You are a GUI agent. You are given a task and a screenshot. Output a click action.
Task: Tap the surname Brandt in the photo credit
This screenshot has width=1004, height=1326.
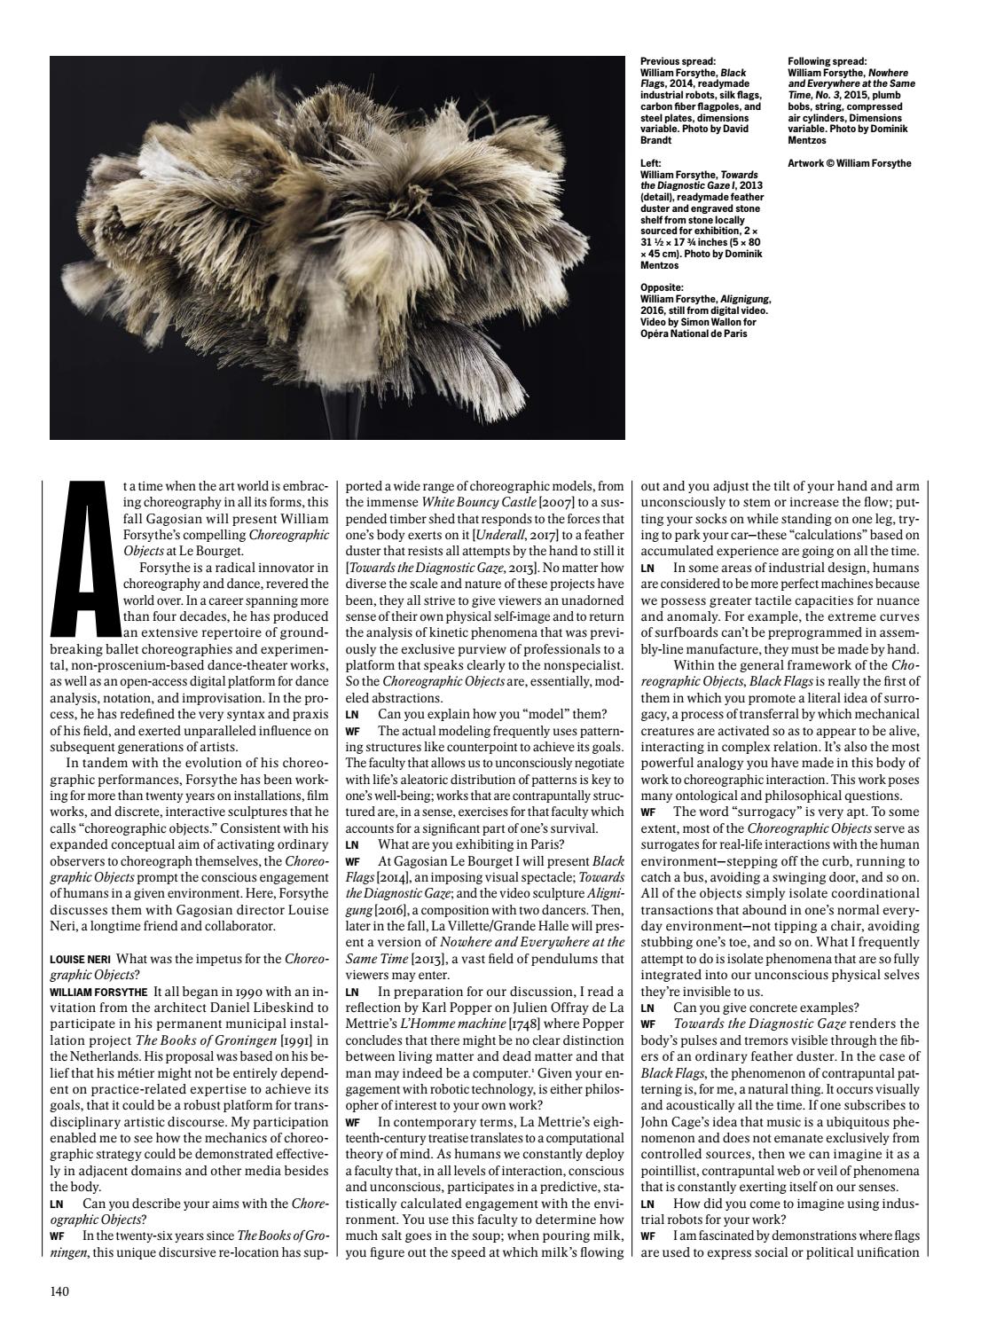tap(658, 140)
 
